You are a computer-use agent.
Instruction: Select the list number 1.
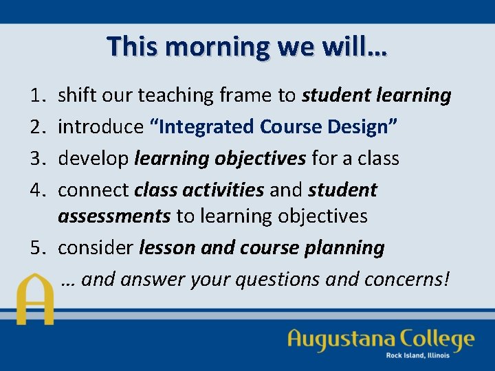(x=38, y=95)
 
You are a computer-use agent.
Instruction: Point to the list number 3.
(x=38, y=159)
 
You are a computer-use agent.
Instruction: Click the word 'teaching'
(x=176, y=95)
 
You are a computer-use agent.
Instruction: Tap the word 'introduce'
(x=99, y=127)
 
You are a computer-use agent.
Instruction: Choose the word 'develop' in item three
(x=93, y=159)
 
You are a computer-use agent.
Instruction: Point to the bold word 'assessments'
(x=114, y=216)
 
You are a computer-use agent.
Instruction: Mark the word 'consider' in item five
(x=96, y=248)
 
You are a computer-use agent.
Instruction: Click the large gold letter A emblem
(x=35, y=299)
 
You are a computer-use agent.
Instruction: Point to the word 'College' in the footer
(x=438, y=340)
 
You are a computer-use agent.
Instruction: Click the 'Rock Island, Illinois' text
(x=417, y=355)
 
